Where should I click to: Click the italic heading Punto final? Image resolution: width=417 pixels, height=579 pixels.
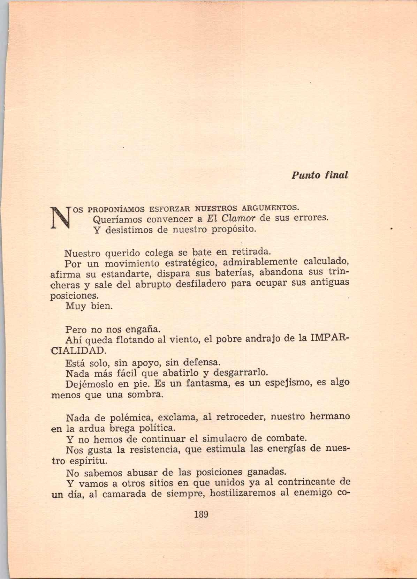click(x=319, y=175)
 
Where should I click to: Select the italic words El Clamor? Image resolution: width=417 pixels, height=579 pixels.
click(x=230, y=219)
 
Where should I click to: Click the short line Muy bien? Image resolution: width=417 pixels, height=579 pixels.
click(x=89, y=307)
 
